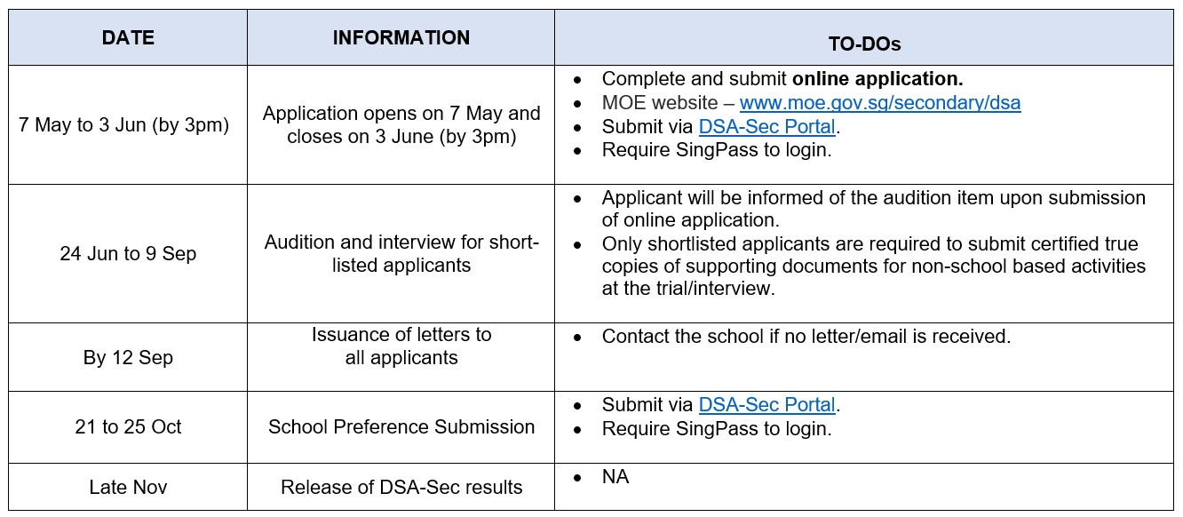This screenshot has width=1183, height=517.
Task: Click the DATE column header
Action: [128, 38]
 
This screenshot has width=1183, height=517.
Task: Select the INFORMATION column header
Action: [401, 38]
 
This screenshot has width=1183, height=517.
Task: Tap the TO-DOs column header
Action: [864, 44]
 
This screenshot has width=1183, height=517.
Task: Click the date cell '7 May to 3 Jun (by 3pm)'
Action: [123, 125]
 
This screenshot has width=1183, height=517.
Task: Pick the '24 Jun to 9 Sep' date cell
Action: [128, 254]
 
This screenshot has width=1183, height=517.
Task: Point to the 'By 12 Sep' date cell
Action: [128, 358]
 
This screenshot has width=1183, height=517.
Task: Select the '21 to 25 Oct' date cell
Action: [128, 427]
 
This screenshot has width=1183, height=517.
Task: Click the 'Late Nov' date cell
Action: [128, 488]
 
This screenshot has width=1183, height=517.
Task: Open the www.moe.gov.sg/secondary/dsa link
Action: [879, 103]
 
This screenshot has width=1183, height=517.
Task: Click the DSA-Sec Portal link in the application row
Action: [766, 127]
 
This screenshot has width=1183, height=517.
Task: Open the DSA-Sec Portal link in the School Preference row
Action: [766, 405]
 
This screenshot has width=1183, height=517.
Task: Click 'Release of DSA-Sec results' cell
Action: [401, 488]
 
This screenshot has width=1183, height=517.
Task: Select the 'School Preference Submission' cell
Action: [401, 427]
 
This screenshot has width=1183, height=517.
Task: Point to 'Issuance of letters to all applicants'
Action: [401, 346]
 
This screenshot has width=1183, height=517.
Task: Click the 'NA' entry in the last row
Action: [615, 477]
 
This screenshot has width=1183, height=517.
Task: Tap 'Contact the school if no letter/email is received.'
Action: [806, 337]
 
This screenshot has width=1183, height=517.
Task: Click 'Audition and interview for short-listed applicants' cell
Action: [401, 254]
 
